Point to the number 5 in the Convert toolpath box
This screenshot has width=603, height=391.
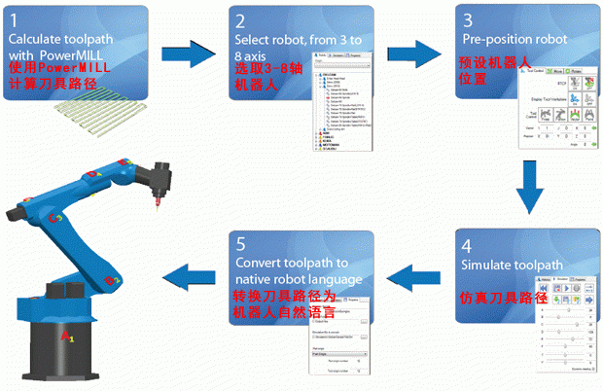pos(240,246)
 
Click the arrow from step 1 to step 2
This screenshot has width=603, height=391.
pos(189,51)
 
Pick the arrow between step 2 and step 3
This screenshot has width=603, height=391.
pos(413,51)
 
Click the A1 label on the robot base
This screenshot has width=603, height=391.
pos(66,336)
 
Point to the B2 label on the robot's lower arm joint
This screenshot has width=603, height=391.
pos(113,281)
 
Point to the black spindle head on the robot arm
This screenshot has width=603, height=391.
pos(155,182)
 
